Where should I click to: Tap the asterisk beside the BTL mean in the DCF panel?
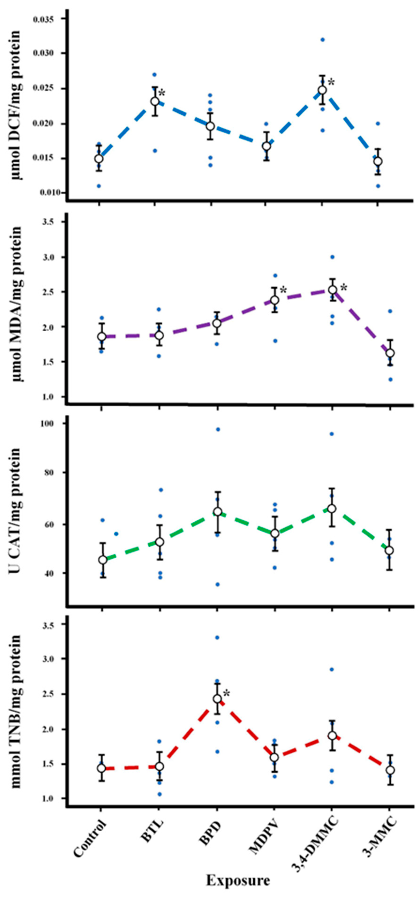click(x=162, y=94)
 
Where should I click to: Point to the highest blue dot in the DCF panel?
click(x=323, y=40)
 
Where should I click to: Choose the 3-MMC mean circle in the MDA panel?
click(x=390, y=353)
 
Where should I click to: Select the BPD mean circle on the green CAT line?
click(x=218, y=511)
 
